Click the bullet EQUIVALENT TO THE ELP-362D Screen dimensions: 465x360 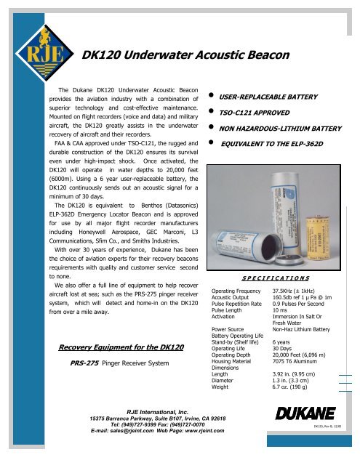(x=280, y=145)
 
